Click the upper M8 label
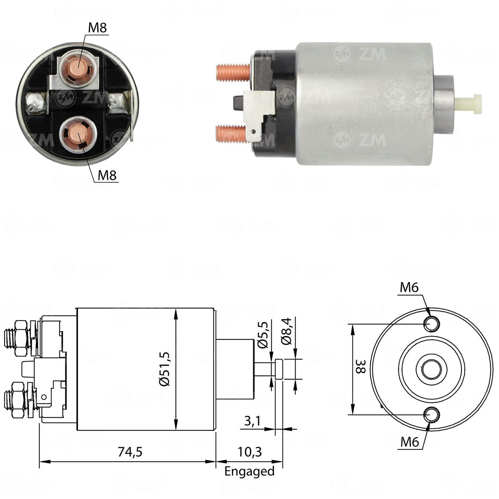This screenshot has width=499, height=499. coord(97,28)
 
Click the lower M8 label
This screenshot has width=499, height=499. coord(107,175)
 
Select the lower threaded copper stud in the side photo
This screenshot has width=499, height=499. coord(231,134)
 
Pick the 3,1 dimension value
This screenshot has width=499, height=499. coord(252,422)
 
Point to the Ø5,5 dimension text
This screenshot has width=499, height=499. coord(263,334)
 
